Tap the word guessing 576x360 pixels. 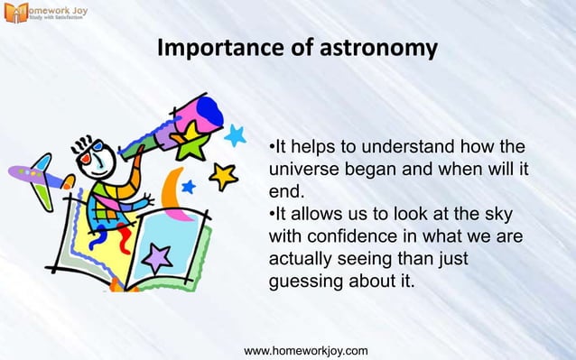point(307,281)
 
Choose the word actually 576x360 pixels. point(302,259)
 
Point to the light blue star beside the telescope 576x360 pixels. point(236,135)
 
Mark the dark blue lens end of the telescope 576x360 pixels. point(209,113)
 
